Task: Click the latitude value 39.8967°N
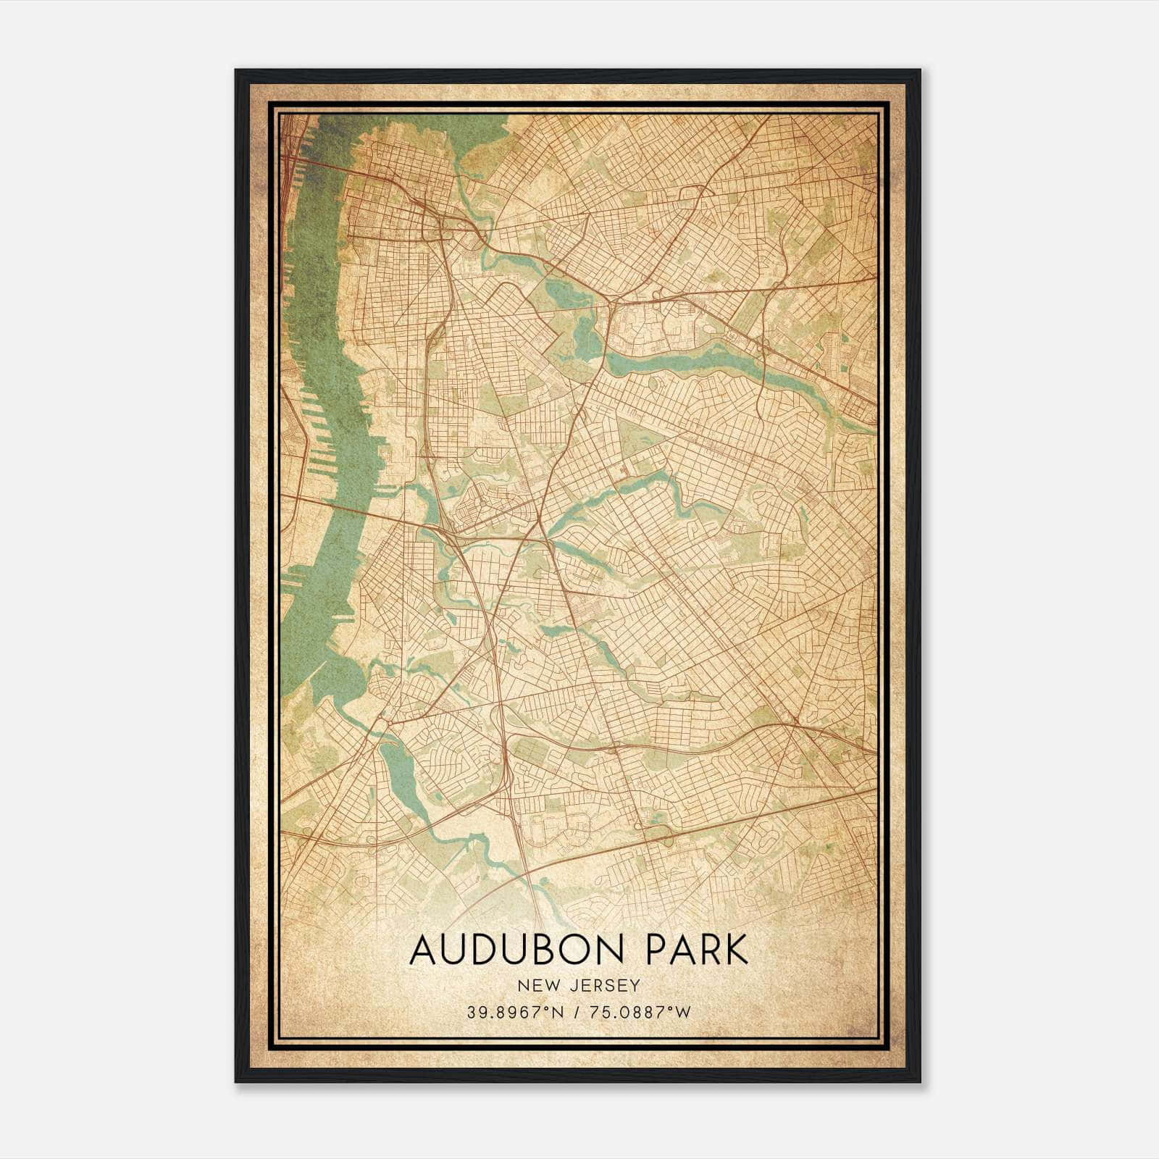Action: (x=515, y=1012)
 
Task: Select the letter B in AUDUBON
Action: (x=540, y=950)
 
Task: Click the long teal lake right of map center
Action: (x=695, y=359)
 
